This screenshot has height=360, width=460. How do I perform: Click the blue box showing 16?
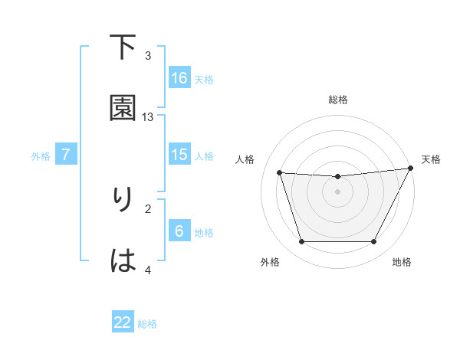(x=179, y=78)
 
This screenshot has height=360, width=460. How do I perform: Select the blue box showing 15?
(x=179, y=155)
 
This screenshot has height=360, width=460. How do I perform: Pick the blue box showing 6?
(x=179, y=231)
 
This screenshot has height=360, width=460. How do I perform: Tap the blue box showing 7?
(x=66, y=155)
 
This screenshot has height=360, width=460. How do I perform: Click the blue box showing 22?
(x=123, y=322)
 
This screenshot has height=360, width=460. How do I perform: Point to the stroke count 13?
(x=149, y=116)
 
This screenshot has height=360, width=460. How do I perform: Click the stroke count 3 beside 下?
(x=149, y=56)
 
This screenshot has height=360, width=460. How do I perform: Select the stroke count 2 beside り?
(x=149, y=208)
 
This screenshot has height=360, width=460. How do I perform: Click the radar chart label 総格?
(x=338, y=100)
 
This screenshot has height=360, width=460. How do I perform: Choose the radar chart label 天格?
(x=431, y=159)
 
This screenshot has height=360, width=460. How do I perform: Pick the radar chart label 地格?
(x=402, y=263)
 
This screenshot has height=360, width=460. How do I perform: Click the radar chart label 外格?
(x=270, y=263)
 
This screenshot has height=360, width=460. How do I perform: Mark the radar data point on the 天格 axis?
(x=411, y=169)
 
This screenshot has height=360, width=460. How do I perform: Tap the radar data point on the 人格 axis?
(x=280, y=173)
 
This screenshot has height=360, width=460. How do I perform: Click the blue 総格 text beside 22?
(x=147, y=324)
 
